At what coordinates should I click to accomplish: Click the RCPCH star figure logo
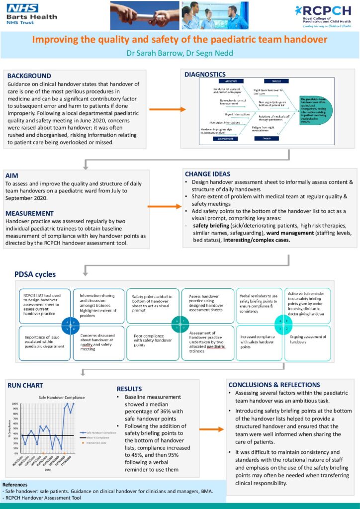[x=298, y=10]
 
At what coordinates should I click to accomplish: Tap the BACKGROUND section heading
[x=29, y=76]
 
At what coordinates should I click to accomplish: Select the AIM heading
[x=11, y=175]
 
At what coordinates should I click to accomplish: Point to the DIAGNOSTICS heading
[x=205, y=75]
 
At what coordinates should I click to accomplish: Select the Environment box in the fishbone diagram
[x=222, y=139]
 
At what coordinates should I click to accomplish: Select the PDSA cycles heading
[x=34, y=274]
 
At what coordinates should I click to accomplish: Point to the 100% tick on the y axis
[x=14, y=404]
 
